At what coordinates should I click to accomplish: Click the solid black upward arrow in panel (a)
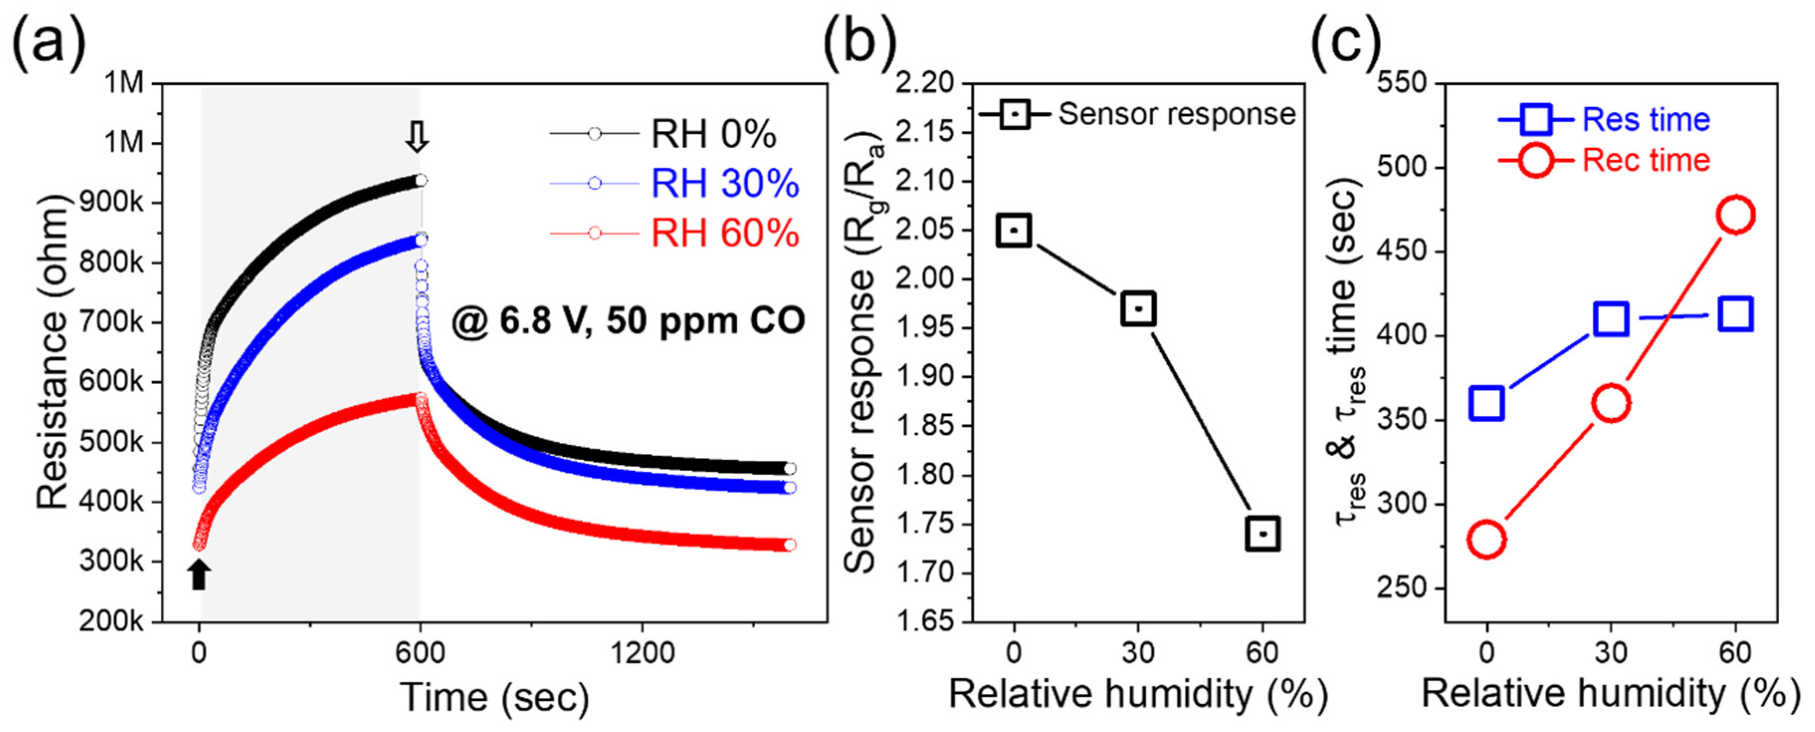pos(200,574)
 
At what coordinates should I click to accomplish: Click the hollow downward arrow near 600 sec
pos(417,136)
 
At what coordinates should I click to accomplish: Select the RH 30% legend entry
pos(724,184)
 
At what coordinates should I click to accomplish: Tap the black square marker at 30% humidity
pos(1138,308)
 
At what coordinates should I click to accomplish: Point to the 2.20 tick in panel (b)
pos(924,83)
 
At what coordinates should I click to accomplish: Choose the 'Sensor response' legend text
pos(1177,114)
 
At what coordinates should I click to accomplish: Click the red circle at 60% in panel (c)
pos(1735,215)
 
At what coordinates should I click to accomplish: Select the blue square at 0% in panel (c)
pos(1487,404)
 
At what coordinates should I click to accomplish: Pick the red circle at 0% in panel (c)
pos(1487,539)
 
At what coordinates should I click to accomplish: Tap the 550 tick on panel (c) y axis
pos(1402,83)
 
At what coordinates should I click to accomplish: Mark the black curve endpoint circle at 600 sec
pos(420,180)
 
